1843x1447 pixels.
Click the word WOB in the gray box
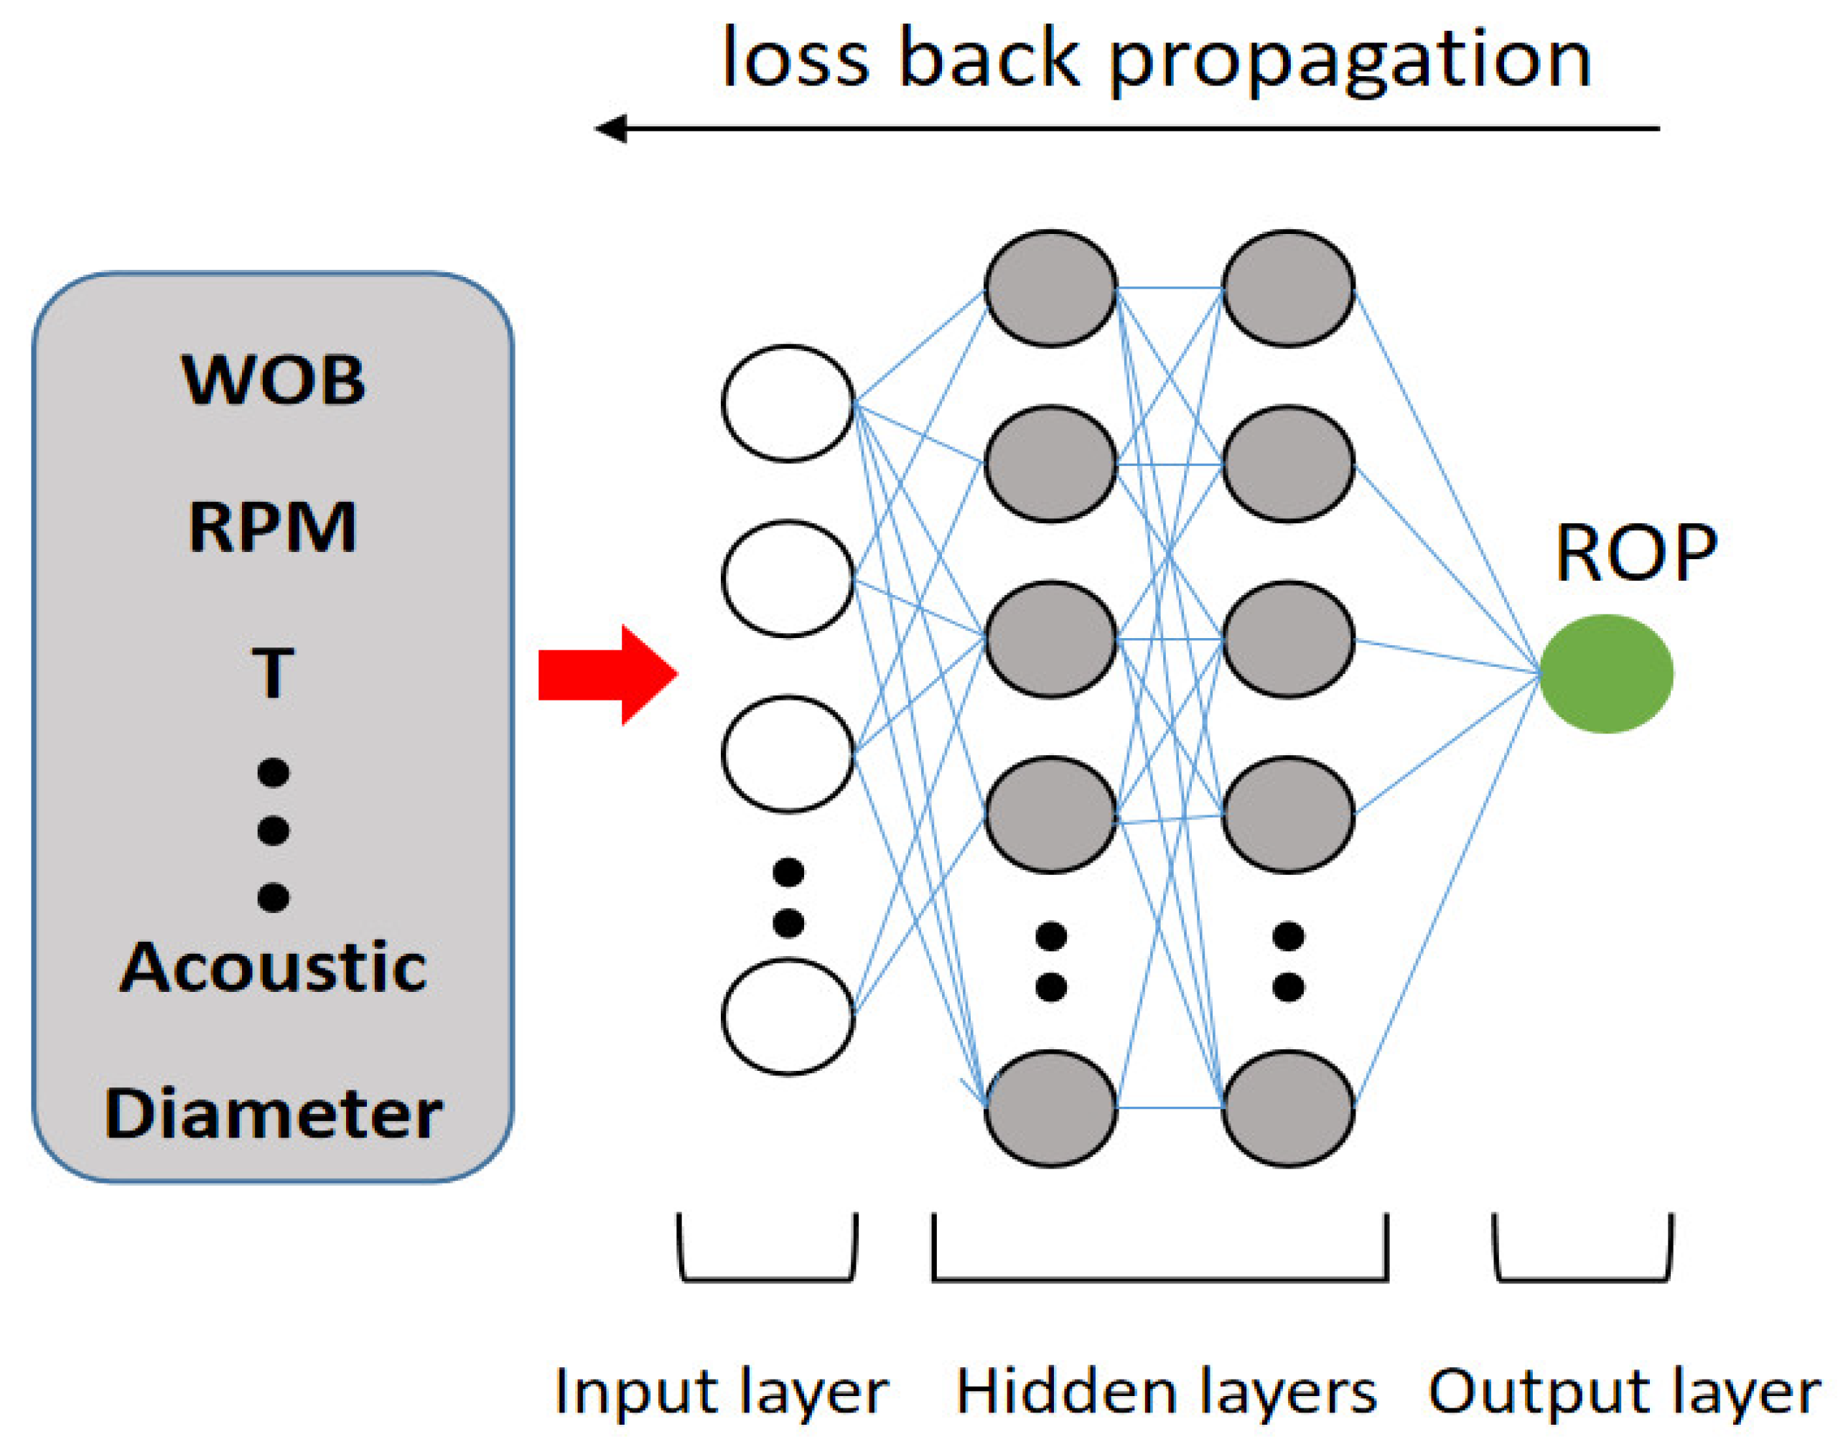[x=273, y=380]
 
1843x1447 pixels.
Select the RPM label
[x=272, y=527]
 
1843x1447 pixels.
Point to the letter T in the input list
[x=272, y=673]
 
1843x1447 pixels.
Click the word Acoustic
[x=273, y=967]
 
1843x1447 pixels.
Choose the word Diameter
[x=273, y=1113]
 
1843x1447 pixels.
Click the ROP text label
[x=1636, y=553]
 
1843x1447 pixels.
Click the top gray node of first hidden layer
[x=1050, y=288]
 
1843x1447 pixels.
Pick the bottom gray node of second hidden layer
[x=1287, y=1108]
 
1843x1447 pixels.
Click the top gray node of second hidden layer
[x=1287, y=288]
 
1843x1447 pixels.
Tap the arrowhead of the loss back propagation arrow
[x=610, y=128]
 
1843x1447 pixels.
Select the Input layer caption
[x=720, y=1391]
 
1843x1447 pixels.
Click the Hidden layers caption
[x=1166, y=1391]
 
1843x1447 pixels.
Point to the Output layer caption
[x=1623, y=1391]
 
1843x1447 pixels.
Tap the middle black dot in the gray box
[x=273, y=830]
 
